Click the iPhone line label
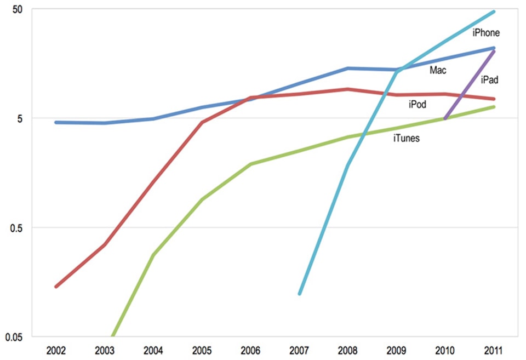point(486,33)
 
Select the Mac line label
point(438,70)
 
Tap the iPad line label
point(489,80)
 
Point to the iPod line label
point(418,104)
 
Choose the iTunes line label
point(407,139)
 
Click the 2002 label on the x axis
point(56,350)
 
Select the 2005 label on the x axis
point(202,350)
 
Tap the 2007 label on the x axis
point(300,350)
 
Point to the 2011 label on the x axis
point(494,350)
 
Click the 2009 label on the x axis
point(397,350)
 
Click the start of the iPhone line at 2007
point(300,294)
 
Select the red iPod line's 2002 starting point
point(56,287)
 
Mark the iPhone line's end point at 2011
point(494,12)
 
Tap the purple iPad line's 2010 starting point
point(445,118)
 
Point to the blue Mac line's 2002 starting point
point(56,122)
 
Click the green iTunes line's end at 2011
point(494,106)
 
